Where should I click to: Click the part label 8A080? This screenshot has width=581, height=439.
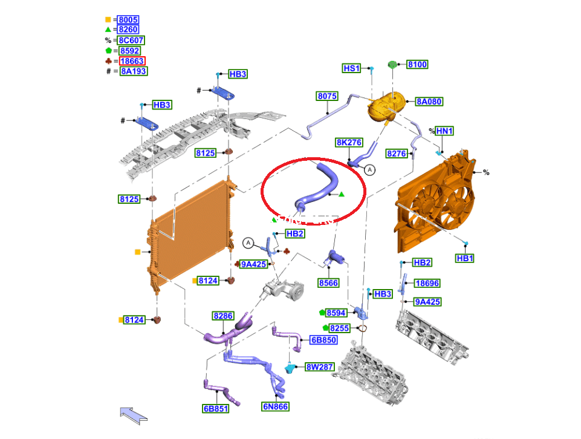(x=429, y=102)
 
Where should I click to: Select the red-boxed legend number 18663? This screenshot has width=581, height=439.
(x=132, y=61)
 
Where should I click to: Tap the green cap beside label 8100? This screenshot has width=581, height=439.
(x=392, y=65)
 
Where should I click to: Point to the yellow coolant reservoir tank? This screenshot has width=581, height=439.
(x=386, y=106)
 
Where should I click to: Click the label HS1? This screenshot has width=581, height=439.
(x=352, y=68)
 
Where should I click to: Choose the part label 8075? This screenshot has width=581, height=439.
(x=327, y=96)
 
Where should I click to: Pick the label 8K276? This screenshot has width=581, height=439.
(x=349, y=142)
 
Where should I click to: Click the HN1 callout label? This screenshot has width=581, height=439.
(x=444, y=131)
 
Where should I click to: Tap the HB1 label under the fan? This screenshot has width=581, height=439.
(x=465, y=258)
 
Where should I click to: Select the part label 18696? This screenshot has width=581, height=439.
(x=427, y=284)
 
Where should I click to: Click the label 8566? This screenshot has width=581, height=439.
(x=328, y=283)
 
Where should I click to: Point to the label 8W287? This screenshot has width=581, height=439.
(x=320, y=367)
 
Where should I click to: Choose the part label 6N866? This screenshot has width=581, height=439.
(x=275, y=407)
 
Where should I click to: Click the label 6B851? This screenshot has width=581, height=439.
(x=216, y=409)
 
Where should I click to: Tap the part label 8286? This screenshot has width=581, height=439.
(x=223, y=316)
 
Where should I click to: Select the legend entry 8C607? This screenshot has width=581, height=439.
(x=131, y=41)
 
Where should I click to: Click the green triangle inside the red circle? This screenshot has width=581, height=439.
(x=341, y=194)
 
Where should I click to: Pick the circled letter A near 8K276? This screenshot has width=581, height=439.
(x=369, y=170)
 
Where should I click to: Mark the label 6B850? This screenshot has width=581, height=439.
(x=323, y=340)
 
